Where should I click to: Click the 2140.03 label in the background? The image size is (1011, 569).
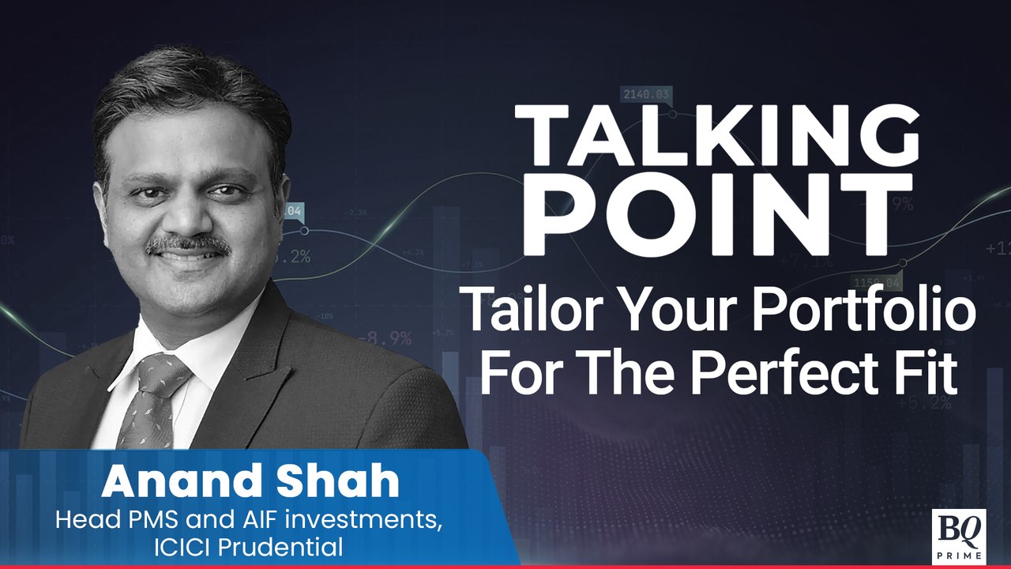click(646, 95)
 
